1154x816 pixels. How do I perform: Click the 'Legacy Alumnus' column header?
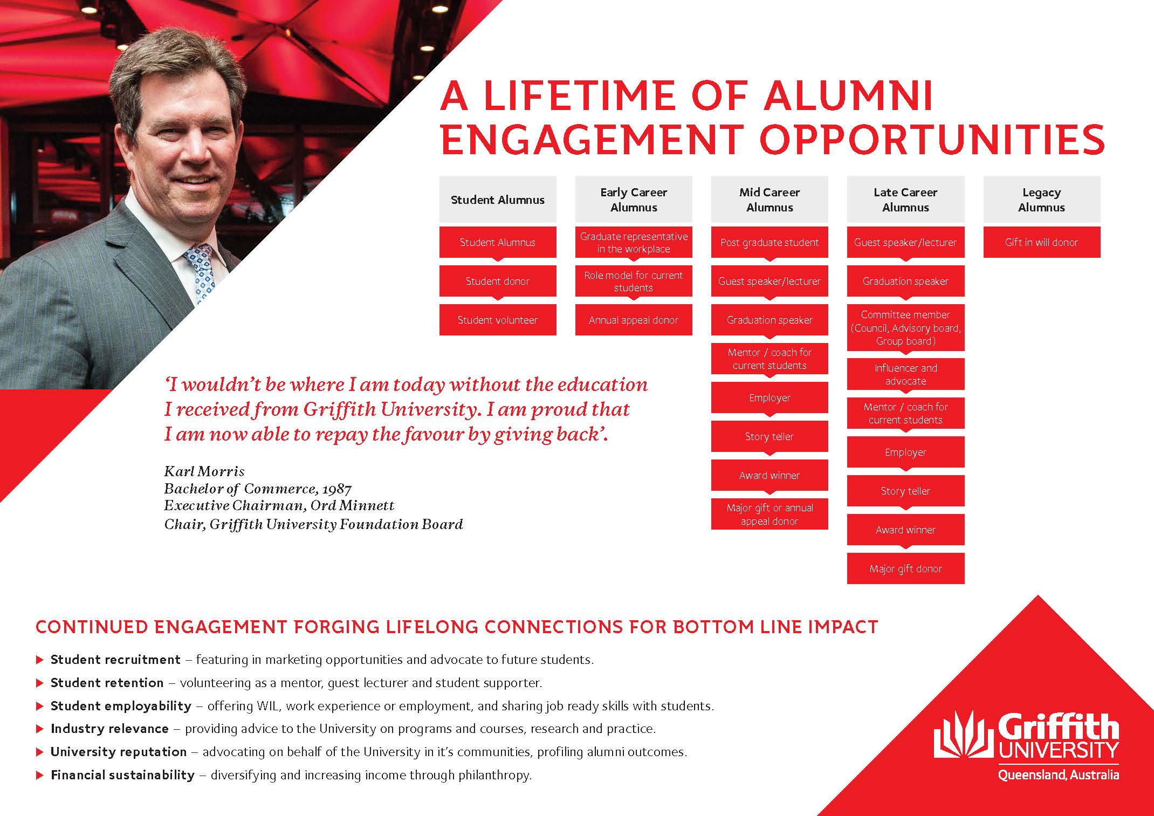click(1041, 200)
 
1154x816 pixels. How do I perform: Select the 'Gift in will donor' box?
click(1041, 242)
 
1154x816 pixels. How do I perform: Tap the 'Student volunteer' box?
click(498, 320)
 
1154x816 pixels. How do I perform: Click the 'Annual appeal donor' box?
click(634, 320)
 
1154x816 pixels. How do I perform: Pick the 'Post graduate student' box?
click(770, 242)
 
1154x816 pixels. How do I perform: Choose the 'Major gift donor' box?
click(905, 568)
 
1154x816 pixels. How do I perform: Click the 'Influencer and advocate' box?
click(905, 374)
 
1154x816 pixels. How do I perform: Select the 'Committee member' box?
click(905, 328)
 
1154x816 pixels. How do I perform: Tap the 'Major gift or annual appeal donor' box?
click(770, 514)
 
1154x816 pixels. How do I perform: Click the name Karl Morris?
click(204, 471)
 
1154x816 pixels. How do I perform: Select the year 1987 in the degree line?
click(337, 489)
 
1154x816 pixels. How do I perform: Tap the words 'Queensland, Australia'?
click(1059, 775)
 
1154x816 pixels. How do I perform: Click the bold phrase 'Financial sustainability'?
click(122, 775)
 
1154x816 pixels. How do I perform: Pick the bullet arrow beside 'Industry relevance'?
click(39, 729)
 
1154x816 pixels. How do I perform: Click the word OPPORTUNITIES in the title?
click(932, 139)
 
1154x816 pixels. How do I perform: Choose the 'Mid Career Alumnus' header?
click(770, 200)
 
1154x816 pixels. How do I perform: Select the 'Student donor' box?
click(498, 281)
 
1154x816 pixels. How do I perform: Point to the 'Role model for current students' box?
click(634, 281)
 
